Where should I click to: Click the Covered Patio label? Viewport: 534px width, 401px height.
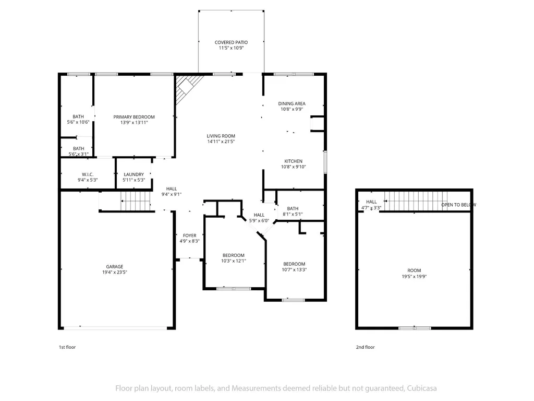click(x=231, y=42)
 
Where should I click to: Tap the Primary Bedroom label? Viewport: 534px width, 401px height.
click(x=134, y=117)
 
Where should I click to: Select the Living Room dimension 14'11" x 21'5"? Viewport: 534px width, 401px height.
click(x=221, y=141)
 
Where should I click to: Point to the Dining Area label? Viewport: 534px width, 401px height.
click(x=292, y=104)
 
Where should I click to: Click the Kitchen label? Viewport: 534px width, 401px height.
click(x=294, y=161)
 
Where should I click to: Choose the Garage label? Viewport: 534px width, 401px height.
click(x=114, y=267)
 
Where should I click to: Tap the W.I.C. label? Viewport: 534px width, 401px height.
click(x=88, y=174)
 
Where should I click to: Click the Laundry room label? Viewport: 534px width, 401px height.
click(x=134, y=174)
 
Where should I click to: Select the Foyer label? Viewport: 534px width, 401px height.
click(x=190, y=235)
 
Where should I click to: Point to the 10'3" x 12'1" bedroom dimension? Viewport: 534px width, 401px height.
click(x=234, y=261)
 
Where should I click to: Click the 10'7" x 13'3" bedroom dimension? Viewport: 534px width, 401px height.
click(x=294, y=270)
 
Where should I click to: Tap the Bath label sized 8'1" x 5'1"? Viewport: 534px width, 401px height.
click(x=293, y=209)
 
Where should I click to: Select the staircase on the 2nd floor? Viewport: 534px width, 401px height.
click(x=416, y=201)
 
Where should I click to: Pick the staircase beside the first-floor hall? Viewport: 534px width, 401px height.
click(x=136, y=201)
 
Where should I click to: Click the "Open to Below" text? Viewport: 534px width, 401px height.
click(x=459, y=205)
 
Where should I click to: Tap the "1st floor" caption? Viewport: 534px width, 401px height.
click(x=67, y=347)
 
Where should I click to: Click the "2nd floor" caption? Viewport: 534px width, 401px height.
click(x=366, y=347)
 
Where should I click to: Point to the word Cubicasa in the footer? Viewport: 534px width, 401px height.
click(x=421, y=388)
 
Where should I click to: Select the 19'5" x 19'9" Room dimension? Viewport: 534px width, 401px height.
click(x=414, y=277)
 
